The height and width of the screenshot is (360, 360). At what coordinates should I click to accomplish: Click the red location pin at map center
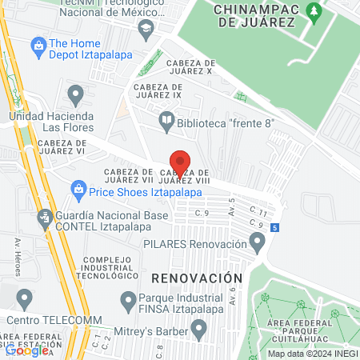[180, 163]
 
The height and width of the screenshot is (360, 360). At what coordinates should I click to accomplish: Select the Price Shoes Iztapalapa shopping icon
[78, 189]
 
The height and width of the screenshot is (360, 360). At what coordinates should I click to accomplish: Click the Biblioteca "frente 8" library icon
[167, 122]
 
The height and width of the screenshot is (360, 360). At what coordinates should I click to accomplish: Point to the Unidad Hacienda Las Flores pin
[76, 95]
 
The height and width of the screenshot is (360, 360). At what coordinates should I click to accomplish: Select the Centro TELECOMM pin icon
[25, 300]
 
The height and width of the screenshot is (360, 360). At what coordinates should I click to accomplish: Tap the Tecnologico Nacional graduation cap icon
[146, 30]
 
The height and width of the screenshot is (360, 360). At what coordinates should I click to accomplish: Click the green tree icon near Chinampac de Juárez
[314, 12]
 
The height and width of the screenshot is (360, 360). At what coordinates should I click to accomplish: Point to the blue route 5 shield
[274, 228]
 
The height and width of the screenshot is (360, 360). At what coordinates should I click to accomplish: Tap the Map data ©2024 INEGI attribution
[312, 354]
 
